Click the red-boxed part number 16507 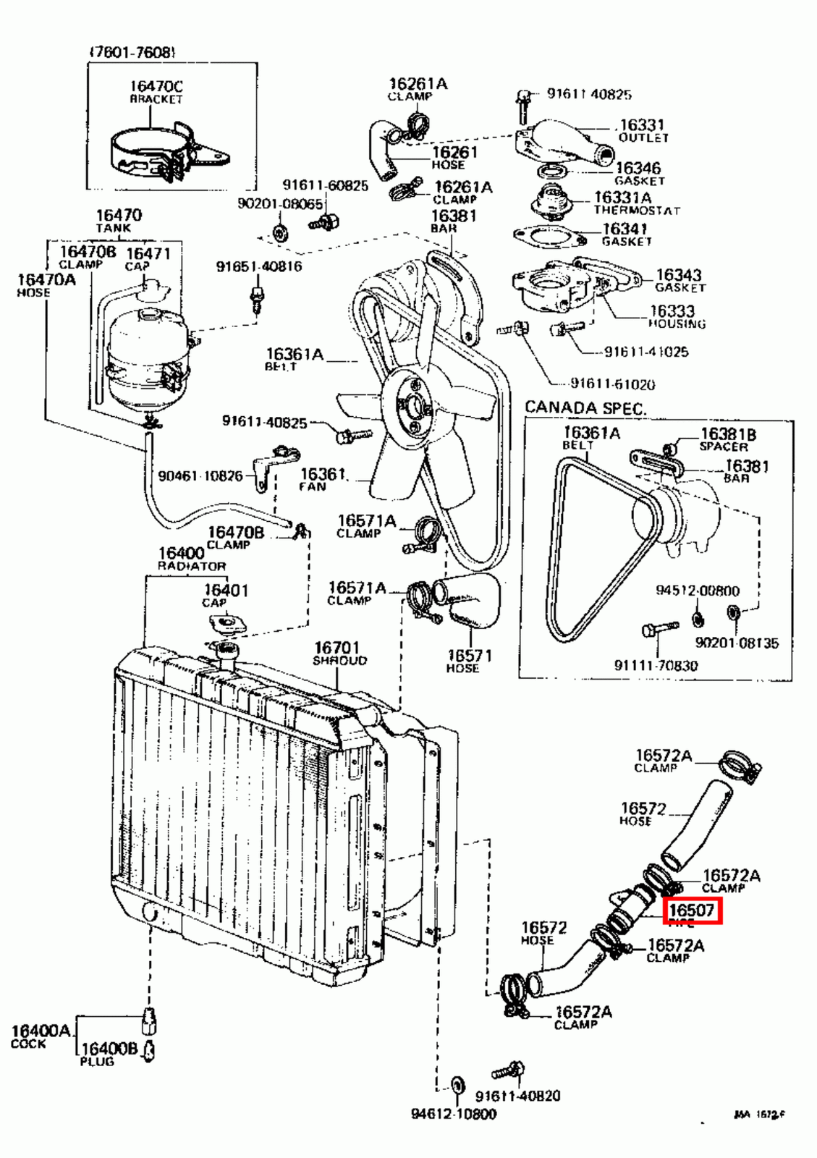coord(692,909)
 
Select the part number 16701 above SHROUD coord(336,648)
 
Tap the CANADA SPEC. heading coord(585,407)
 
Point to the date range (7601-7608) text coord(132,52)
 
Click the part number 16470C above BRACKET coord(156,87)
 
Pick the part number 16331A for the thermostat coord(622,198)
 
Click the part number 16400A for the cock coord(41,1030)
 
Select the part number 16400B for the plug coord(109,1048)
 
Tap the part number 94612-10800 coord(454,1114)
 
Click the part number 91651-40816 coord(259,266)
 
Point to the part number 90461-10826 coord(200,476)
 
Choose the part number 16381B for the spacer coord(728,434)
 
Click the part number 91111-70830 coord(656,665)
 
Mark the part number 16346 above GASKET coord(638,169)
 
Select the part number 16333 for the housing coord(672,311)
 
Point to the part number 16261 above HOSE coord(454,152)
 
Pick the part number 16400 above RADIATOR coord(182,554)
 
